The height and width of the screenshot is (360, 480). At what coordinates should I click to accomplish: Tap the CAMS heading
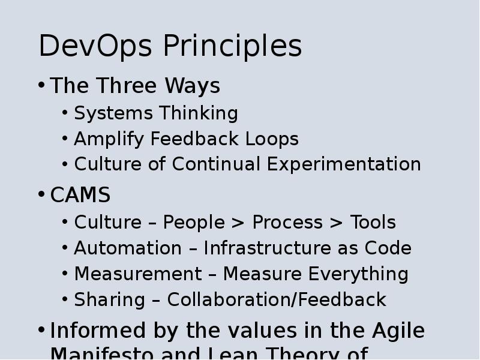(x=80, y=196)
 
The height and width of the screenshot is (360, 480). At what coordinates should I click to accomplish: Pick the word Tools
(x=373, y=223)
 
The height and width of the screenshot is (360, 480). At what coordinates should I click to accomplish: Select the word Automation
(x=119, y=248)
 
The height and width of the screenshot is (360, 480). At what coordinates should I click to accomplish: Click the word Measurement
(x=137, y=274)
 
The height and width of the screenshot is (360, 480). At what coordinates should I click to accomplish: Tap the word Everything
(x=358, y=275)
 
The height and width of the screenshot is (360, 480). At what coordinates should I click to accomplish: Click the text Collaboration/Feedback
(x=277, y=300)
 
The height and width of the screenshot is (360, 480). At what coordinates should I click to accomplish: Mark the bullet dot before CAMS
(x=41, y=195)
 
